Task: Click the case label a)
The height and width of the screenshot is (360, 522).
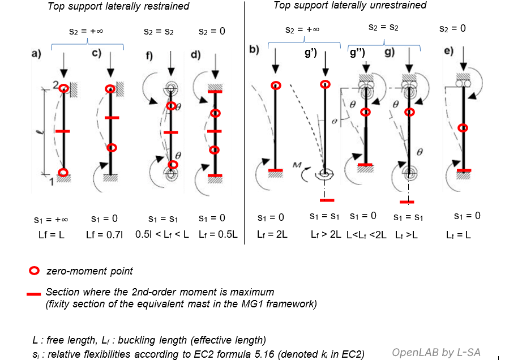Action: click(x=36, y=54)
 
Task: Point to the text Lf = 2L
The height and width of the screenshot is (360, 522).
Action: click(x=272, y=234)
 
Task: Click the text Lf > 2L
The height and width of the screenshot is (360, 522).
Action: click(x=326, y=234)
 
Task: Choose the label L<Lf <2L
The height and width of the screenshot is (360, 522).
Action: click(x=366, y=234)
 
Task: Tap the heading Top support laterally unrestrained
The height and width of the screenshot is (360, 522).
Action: click(x=350, y=6)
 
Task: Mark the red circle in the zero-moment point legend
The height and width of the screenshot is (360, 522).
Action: click(x=34, y=271)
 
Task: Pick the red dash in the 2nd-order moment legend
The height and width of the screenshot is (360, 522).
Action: click(x=34, y=293)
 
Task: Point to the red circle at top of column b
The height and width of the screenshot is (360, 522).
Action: click(x=276, y=85)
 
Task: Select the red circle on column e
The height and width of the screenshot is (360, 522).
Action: click(x=463, y=128)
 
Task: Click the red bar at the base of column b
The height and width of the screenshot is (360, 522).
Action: click(x=276, y=170)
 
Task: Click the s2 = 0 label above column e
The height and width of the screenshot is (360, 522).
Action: click(x=453, y=28)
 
